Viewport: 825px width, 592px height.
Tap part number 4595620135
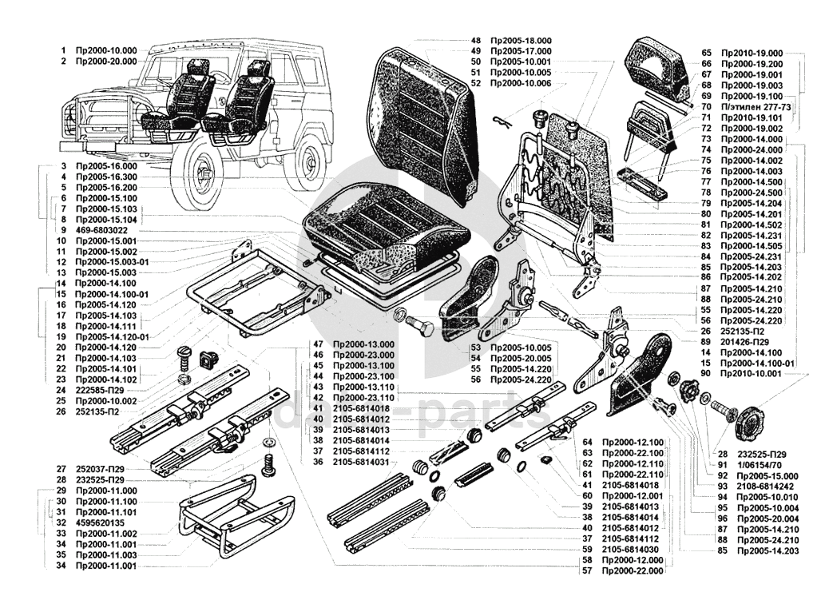(102, 522)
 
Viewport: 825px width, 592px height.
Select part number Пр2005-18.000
(522, 40)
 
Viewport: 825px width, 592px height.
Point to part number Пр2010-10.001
(752, 374)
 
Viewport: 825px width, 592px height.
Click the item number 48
(476, 40)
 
